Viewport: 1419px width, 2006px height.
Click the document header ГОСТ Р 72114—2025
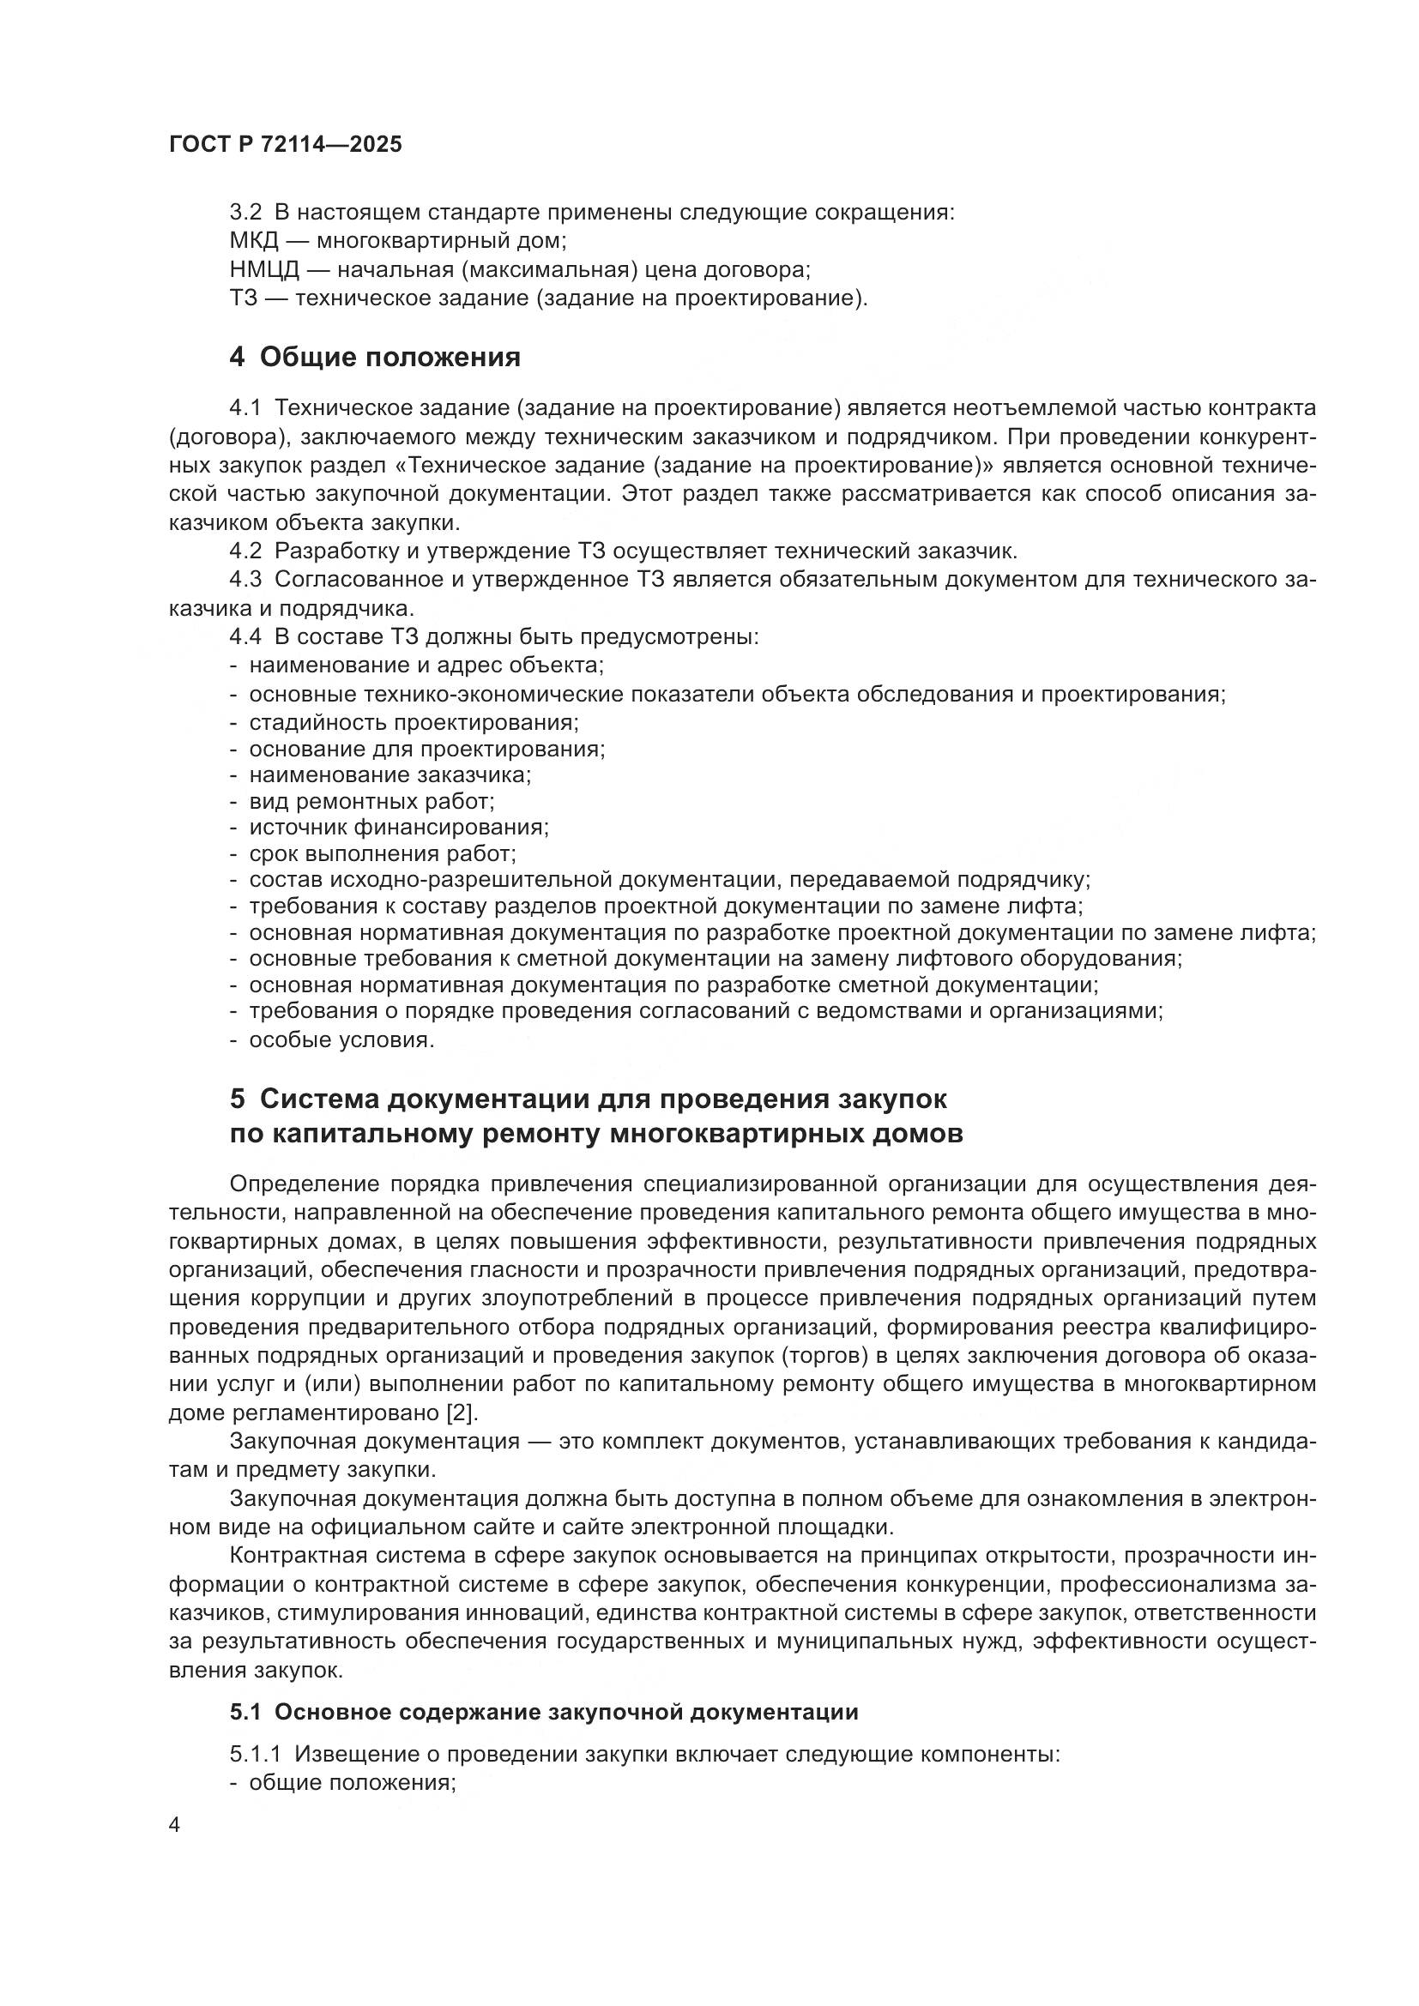(285, 144)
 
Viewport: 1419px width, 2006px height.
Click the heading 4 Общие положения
(375, 357)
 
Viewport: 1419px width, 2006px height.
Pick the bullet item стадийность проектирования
(414, 722)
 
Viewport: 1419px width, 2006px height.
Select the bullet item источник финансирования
(398, 827)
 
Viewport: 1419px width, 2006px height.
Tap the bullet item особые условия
(341, 1039)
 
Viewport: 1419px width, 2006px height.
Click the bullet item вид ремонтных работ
(372, 800)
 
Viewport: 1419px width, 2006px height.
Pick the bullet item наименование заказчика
(389, 774)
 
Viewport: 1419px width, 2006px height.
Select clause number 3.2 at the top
(245, 213)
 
